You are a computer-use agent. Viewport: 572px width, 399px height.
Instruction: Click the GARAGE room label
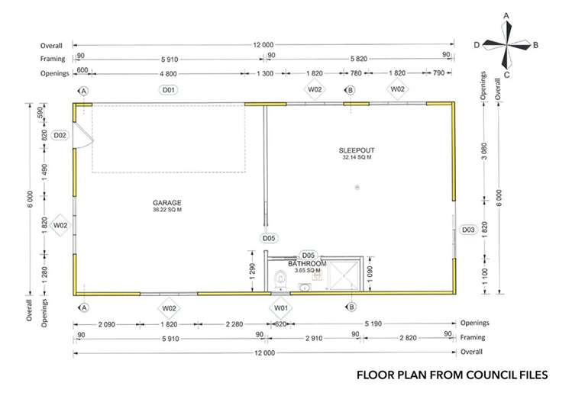point(166,203)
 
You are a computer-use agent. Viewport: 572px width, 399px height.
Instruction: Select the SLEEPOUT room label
point(357,150)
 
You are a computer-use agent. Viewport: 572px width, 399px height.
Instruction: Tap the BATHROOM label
point(307,263)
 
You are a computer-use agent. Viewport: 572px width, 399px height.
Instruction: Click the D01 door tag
point(168,89)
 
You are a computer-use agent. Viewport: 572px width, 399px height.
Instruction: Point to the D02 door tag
point(60,136)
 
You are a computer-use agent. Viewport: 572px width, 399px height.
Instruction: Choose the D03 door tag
point(468,230)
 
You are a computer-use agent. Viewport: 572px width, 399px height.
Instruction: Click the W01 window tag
point(280,308)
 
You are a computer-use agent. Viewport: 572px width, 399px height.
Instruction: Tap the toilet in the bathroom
point(280,279)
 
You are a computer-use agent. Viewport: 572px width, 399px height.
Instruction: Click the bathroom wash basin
point(303,288)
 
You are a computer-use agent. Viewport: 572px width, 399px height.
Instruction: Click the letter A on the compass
point(506,16)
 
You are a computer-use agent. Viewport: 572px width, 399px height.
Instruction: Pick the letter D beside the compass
point(477,45)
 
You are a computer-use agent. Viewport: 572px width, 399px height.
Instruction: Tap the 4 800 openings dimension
point(168,73)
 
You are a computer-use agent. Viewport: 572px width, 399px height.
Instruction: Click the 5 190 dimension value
point(373,323)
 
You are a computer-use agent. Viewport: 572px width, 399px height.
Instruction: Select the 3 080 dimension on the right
point(484,151)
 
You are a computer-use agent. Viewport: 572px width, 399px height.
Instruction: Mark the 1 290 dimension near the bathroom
point(253,271)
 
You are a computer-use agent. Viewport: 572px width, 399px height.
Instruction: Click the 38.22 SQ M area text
point(167,210)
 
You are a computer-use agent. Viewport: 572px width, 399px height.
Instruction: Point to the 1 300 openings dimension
point(265,73)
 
